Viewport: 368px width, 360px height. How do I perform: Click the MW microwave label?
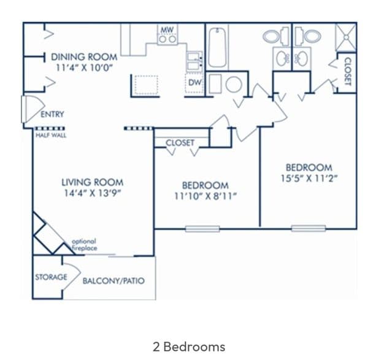(167, 30)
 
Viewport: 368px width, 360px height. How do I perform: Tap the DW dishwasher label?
(195, 83)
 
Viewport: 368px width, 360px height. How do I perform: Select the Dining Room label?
(84, 57)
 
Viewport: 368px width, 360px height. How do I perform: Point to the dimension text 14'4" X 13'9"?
(93, 193)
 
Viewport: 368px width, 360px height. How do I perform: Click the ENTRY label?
(52, 114)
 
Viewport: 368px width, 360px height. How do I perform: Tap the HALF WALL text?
(51, 135)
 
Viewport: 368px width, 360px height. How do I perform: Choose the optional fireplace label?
(84, 245)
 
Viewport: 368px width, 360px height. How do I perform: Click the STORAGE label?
(51, 277)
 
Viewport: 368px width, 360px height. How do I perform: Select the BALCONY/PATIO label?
(113, 281)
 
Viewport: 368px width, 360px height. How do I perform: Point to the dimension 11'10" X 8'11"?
(205, 196)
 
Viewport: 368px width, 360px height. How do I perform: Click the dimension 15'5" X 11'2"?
(309, 178)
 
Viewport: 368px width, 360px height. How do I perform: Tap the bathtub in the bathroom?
(217, 48)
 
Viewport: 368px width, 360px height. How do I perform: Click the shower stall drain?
(347, 37)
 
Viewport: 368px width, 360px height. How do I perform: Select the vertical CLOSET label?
(348, 71)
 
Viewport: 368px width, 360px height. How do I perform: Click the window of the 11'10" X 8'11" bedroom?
(202, 229)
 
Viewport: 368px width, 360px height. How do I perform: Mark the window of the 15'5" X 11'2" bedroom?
(309, 228)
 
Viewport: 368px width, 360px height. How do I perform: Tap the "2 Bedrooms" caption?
(189, 347)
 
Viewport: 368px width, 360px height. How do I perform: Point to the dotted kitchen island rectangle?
(146, 85)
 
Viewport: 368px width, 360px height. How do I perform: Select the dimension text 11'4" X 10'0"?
(84, 68)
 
